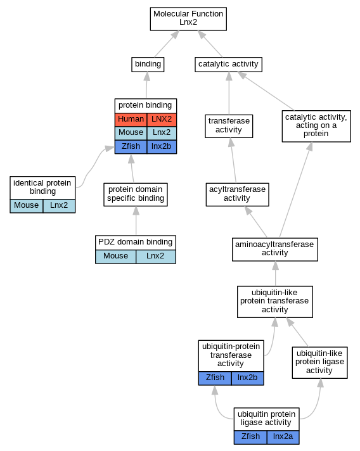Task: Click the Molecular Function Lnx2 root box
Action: coord(188,19)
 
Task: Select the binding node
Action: coord(148,65)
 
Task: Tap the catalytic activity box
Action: coord(229,65)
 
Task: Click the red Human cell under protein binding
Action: coord(131,119)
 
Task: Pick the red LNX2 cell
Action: coord(162,119)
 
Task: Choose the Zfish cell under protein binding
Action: coord(131,147)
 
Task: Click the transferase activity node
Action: coord(229,126)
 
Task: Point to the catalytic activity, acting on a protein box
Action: coord(316,126)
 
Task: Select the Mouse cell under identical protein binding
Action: coord(27,206)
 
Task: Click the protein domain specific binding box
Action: coord(136,194)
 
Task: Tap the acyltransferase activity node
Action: coord(238,194)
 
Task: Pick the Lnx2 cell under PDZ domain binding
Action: coord(156,257)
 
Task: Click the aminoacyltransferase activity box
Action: coord(275,250)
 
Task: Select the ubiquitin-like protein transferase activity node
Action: coord(275,302)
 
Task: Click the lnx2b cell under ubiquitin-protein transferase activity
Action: coord(247,378)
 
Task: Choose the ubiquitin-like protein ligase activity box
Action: coord(319,362)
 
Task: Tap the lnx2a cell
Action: coord(283,437)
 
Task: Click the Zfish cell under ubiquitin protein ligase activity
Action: coord(250,437)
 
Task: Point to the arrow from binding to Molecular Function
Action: coord(167,44)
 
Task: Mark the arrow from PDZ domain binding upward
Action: coord(136,220)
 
